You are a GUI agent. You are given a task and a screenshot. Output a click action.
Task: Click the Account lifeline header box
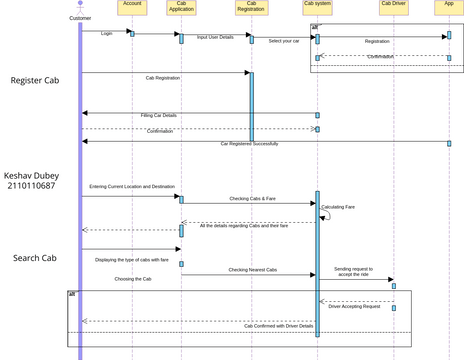(132, 6)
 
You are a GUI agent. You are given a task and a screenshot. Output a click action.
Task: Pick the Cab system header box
(317, 5)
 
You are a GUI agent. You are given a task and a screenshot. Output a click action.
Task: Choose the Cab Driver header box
(393, 5)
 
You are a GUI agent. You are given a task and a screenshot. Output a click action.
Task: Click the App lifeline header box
(449, 5)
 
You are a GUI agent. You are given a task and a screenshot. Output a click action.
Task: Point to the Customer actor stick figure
(80, 8)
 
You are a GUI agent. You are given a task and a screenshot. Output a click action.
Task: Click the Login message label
(107, 33)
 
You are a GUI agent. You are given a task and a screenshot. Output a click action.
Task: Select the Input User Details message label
(215, 37)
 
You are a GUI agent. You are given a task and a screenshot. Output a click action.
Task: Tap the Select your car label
(284, 41)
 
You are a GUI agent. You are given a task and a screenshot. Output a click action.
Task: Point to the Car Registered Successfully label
(249, 144)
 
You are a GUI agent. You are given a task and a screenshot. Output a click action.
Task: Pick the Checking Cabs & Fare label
(252, 199)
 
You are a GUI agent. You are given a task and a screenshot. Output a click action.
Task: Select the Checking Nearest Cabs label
(252, 270)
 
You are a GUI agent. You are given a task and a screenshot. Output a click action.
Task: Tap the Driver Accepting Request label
(354, 307)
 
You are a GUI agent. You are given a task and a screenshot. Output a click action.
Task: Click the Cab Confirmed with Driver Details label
(279, 326)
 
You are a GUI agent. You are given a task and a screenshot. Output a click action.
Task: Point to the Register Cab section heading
(42, 80)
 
